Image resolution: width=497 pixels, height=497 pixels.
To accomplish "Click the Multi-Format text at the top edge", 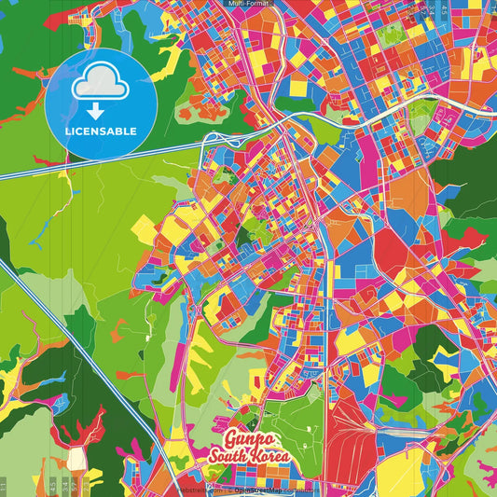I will (248, 4).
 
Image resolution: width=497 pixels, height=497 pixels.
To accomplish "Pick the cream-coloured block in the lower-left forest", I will (75, 460).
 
